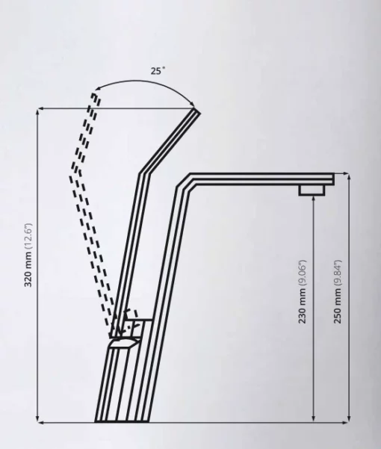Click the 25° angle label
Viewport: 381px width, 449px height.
click(x=158, y=70)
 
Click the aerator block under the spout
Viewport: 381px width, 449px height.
click(x=312, y=191)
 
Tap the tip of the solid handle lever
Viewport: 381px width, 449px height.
click(x=197, y=111)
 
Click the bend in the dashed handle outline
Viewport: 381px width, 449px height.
click(x=75, y=173)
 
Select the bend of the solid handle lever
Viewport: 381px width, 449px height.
click(x=144, y=173)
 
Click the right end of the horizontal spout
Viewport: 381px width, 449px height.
click(x=333, y=179)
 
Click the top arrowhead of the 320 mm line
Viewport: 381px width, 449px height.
click(x=37, y=111)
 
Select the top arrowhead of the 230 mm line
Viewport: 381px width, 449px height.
click(x=314, y=199)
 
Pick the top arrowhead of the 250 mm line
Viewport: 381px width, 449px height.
click(x=349, y=176)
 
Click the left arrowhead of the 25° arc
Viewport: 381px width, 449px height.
click(x=98, y=88)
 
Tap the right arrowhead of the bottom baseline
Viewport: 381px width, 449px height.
click(x=347, y=422)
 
